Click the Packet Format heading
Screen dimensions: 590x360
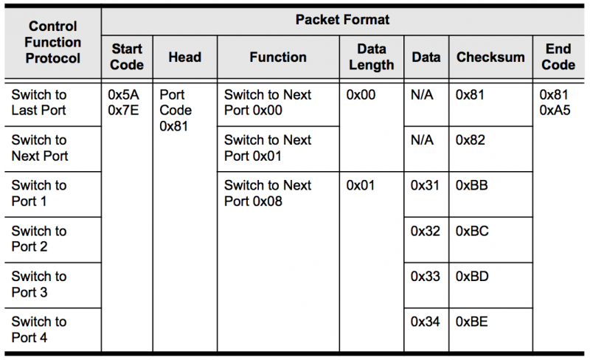click(x=342, y=20)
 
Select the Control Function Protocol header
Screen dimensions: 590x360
click(x=52, y=42)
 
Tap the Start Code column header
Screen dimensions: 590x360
click(x=127, y=57)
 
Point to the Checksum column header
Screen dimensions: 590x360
click(x=490, y=58)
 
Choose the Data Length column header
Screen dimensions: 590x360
click(x=372, y=57)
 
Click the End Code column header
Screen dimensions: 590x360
click(x=558, y=57)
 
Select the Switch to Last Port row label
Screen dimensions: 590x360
click(x=39, y=103)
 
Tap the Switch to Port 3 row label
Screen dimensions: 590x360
click(x=39, y=284)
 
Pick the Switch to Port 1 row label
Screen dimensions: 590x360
click(x=39, y=193)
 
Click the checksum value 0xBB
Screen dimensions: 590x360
click(x=472, y=185)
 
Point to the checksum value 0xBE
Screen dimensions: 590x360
click(x=472, y=322)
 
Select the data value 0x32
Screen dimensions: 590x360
click(x=426, y=231)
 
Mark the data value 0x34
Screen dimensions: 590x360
click(x=426, y=322)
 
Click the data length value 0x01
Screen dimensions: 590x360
click(x=361, y=185)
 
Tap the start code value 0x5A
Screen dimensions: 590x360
click(x=123, y=94)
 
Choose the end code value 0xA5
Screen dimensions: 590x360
click(x=555, y=111)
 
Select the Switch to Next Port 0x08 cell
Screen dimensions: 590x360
click(x=268, y=193)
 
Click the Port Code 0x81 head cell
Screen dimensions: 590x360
click(x=176, y=111)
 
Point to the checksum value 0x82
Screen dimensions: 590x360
click(x=471, y=140)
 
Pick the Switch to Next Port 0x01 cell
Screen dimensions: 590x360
click(x=268, y=148)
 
